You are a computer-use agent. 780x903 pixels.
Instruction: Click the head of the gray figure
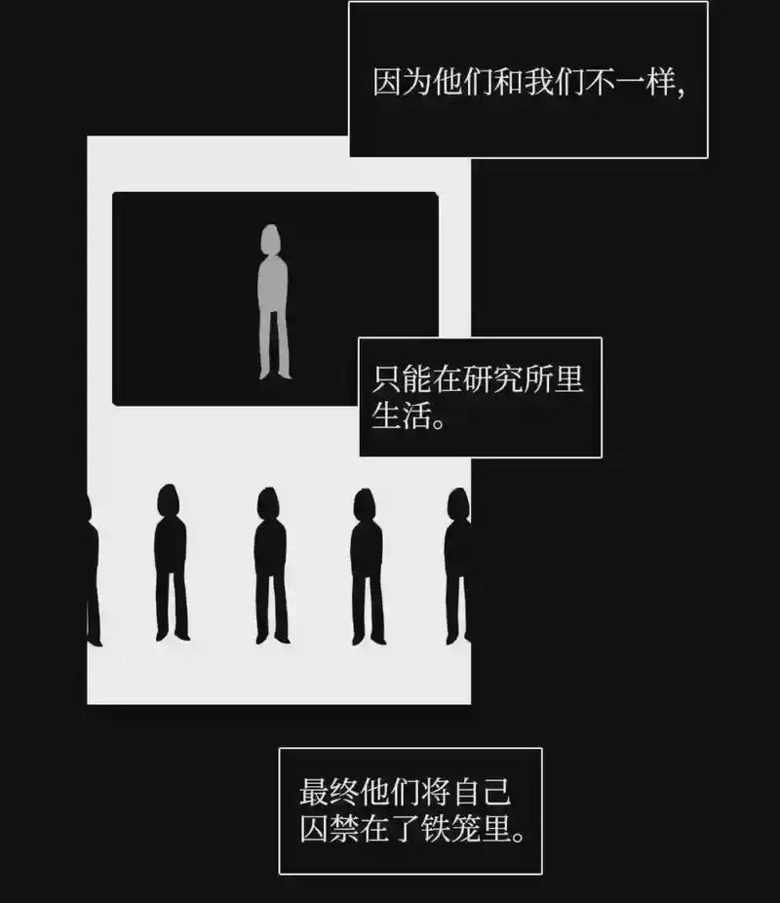pos(270,238)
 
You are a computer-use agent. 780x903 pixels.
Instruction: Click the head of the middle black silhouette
pos(268,503)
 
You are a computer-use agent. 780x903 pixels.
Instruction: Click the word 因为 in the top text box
pos(402,82)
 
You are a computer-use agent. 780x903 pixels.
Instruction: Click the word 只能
pos(400,379)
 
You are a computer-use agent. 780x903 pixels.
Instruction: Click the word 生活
pos(400,415)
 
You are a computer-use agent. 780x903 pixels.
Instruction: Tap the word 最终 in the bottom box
pos(329,792)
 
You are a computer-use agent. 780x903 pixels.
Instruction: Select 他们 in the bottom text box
pos(389,792)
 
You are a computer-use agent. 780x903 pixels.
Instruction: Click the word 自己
pos(482,792)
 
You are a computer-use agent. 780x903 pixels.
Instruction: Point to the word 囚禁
pos(329,829)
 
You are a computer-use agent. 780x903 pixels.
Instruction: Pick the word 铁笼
pos(450,829)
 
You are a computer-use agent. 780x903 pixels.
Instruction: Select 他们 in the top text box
pos(462,82)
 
